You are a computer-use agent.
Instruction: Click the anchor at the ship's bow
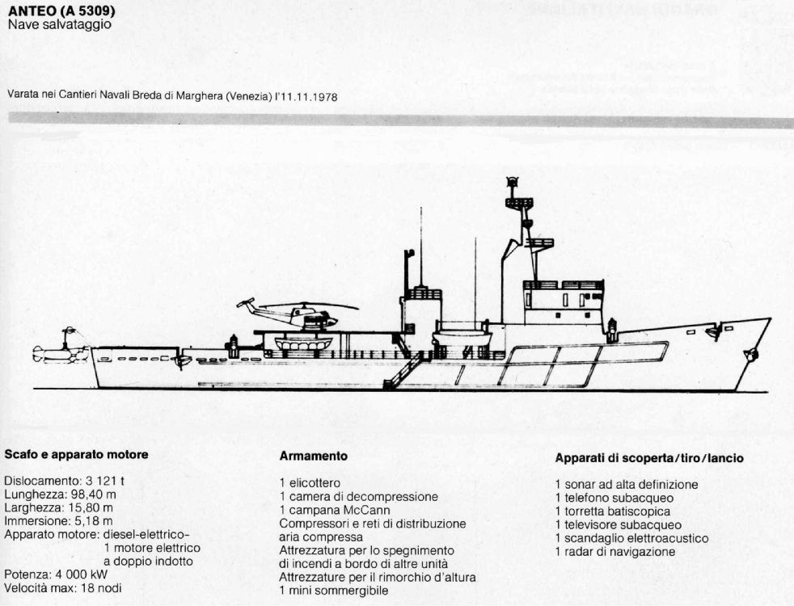tap(751, 354)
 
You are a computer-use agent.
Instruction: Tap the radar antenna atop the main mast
tap(513, 181)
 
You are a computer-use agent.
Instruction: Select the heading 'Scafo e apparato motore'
tap(77, 454)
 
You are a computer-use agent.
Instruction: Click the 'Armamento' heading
tap(314, 456)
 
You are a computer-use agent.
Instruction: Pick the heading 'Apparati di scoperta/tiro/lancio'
tap(649, 458)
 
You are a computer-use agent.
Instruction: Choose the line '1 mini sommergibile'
tap(334, 591)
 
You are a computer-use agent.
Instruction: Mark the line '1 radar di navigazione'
tap(615, 552)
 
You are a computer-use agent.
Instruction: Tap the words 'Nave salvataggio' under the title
tap(60, 24)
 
